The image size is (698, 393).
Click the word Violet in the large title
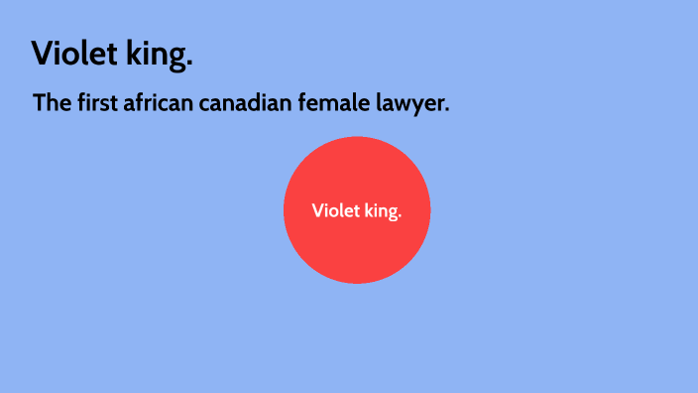coord(75,54)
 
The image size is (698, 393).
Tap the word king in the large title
coord(156,56)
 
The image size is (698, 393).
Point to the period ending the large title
coord(189,65)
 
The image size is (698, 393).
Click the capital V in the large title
coord(43,54)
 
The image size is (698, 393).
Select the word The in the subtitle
coord(51,102)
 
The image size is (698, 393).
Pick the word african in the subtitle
coord(159,102)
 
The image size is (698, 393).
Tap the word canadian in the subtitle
coord(245,102)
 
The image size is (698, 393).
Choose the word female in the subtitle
coord(333,102)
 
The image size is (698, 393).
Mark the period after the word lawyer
coord(447,110)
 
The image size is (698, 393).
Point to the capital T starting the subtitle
coord(40,102)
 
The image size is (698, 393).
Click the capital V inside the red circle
coord(317,210)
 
